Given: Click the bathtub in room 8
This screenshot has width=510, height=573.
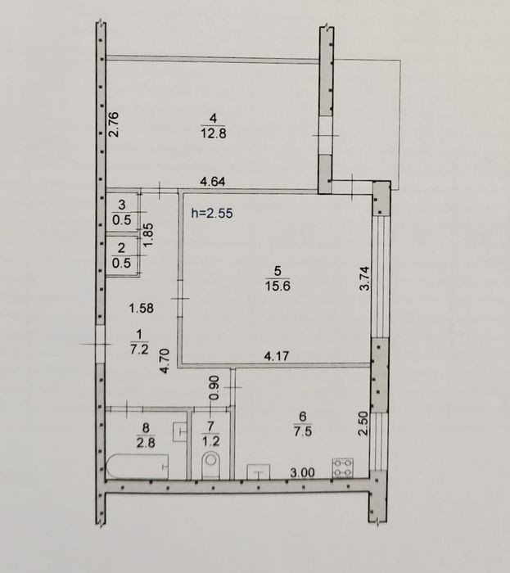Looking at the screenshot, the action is pyautogui.click(x=138, y=467).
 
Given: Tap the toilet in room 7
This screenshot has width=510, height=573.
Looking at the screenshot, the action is pyautogui.click(x=211, y=465).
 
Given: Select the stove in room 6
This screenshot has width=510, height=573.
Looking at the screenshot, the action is pyautogui.click(x=343, y=467).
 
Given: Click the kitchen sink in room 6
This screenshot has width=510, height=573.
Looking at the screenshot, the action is pyautogui.click(x=259, y=471).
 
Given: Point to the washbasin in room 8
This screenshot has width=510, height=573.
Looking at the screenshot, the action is pyautogui.click(x=180, y=431).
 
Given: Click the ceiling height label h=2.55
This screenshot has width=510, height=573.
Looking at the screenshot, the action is pyautogui.click(x=212, y=213).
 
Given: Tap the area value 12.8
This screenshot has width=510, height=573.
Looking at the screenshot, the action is pyautogui.click(x=214, y=133).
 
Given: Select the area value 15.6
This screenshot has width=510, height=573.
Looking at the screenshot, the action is pyautogui.click(x=278, y=286).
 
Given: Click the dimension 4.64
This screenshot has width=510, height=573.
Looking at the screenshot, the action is pyautogui.click(x=213, y=182).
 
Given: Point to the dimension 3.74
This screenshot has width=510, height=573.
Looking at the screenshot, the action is pyautogui.click(x=364, y=278).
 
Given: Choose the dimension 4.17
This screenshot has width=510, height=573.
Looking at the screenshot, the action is pyautogui.click(x=277, y=356).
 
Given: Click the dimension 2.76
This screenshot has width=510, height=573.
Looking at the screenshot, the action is pyautogui.click(x=114, y=124).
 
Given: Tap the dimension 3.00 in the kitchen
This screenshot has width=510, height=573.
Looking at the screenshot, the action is pyautogui.click(x=303, y=473).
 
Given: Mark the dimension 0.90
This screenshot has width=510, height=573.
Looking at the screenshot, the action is pyautogui.click(x=214, y=388).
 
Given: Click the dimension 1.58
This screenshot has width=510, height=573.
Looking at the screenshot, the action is pyautogui.click(x=142, y=309).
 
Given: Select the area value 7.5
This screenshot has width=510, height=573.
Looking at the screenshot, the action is pyautogui.click(x=303, y=431).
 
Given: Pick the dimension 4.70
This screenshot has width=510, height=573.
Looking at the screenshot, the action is pyautogui.click(x=165, y=361).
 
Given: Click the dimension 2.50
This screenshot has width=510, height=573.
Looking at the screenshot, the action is pyautogui.click(x=363, y=423).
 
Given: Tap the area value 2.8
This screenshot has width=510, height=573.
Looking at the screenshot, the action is pyautogui.click(x=146, y=443).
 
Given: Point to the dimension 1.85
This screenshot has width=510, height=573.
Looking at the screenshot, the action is pyautogui.click(x=149, y=235).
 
